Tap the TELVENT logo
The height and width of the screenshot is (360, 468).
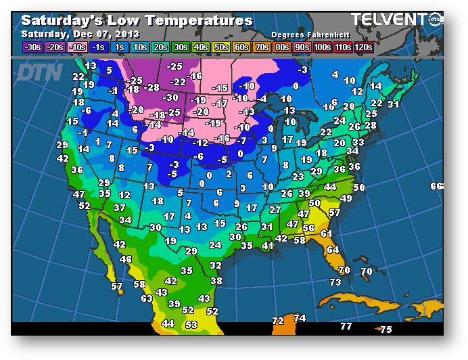(390, 20)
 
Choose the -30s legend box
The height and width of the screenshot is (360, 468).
(32, 47)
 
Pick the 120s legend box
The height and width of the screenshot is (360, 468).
(363, 47)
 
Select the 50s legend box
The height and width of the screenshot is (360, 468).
(221, 47)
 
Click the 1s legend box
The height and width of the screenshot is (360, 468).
(118, 47)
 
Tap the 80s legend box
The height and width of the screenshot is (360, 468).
(281, 47)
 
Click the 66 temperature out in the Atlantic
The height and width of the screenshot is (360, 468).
(436, 186)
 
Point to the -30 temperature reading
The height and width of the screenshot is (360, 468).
(171, 97)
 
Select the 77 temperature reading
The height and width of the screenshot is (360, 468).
(346, 326)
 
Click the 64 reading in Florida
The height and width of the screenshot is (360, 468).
(332, 250)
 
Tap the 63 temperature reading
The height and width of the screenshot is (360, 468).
(147, 298)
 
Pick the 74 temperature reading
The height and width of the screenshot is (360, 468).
(300, 318)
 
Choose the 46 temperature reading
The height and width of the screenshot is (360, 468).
(126, 259)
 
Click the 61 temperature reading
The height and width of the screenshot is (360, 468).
(327, 233)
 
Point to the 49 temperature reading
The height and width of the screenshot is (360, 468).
(346, 198)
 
